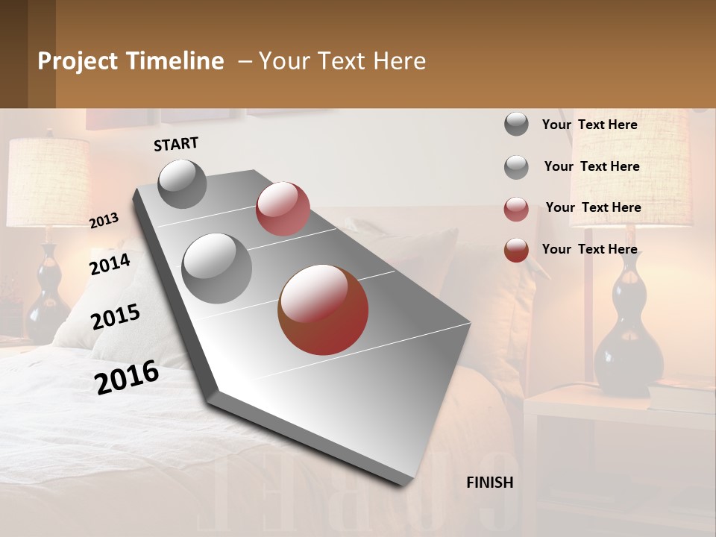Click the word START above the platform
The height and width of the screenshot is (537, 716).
(176, 144)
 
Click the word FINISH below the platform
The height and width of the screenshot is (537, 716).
(489, 483)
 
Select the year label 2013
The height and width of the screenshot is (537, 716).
(104, 221)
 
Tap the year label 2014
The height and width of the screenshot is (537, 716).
(110, 264)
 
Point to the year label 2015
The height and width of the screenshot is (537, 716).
(116, 317)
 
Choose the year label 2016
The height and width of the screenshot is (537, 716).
(127, 377)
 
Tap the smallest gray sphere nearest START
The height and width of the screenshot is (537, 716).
(182, 183)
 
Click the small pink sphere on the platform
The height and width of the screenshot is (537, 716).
(283, 209)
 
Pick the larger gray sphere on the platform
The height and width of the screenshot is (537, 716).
(216, 268)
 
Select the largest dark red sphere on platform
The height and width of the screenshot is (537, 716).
(323, 310)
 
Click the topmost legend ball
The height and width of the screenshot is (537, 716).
(516, 125)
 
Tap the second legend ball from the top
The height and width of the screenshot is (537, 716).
(516, 167)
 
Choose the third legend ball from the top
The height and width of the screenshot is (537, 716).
(516, 209)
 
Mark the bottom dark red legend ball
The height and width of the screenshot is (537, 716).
(516, 250)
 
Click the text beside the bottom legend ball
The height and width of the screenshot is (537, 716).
(589, 249)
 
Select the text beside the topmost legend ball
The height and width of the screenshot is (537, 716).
(589, 125)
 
